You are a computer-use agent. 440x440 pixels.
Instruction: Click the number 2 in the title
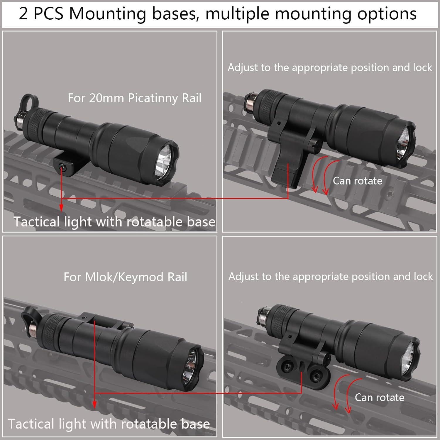(x=23, y=14)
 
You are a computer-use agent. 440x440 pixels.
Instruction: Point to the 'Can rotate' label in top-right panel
(x=357, y=181)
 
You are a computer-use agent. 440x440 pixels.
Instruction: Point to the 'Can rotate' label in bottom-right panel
(x=379, y=397)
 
